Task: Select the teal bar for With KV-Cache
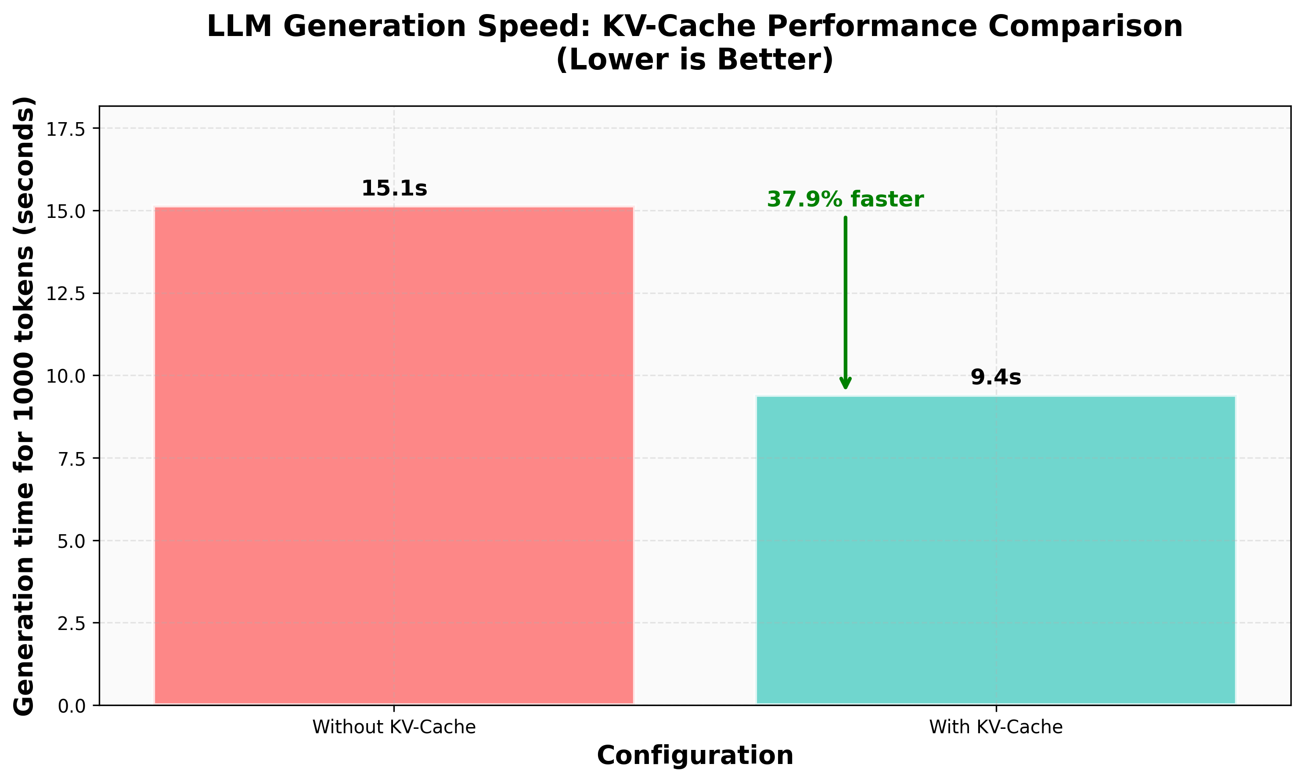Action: [995, 550]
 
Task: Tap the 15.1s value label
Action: [394, 188]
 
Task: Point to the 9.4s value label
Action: [995, 378]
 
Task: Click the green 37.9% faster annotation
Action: [845, 200]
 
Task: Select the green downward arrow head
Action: [845, 384]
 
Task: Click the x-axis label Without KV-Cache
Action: [394, 727]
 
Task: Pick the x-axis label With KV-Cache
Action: [995, 727]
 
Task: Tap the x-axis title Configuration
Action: [695, 756]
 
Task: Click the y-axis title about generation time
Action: [24, 406]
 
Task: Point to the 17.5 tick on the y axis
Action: [65, 129]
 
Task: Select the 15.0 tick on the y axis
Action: [65, 211]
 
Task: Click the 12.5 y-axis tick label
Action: [65, 294]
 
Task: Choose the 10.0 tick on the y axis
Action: [65, 376]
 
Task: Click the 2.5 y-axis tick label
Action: [71, 623]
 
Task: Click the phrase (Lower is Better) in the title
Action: [695, 60]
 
